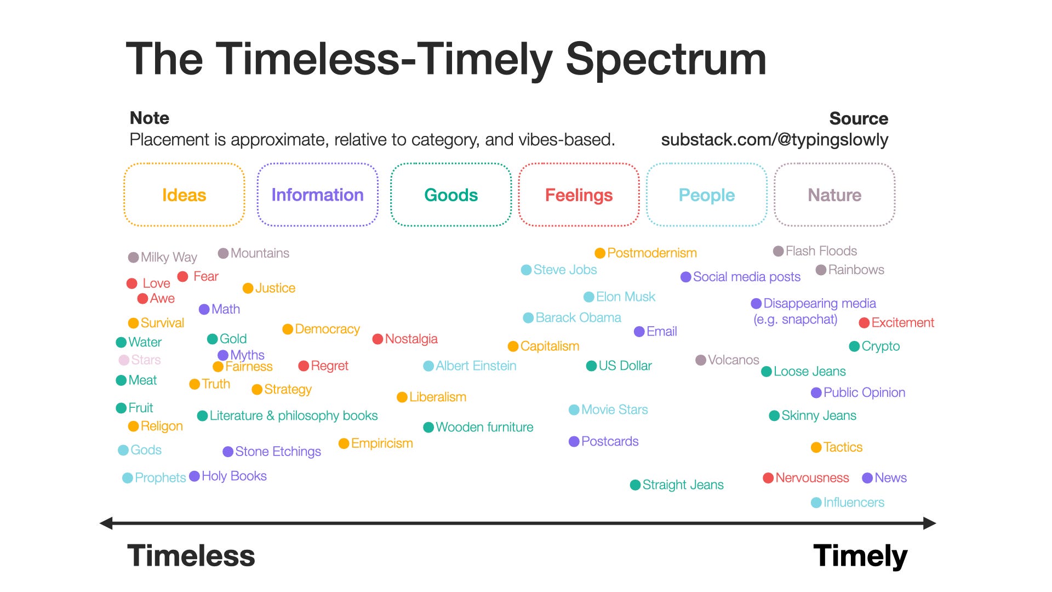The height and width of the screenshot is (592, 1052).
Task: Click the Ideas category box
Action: [x=184, y=195]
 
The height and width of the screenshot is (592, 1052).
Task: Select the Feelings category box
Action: [x=579, y=195]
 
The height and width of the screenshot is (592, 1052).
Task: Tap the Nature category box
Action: [x=834, y=195]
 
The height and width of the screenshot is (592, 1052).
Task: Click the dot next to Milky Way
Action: [x=133, y=257]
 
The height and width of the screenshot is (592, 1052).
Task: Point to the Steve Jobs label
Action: [x=565, y=270]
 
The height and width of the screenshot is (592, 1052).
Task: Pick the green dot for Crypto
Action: [x=854, y=346]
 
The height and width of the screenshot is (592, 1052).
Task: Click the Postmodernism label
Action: [x=652, y=253]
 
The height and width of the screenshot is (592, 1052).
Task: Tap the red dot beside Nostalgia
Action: [x=378, y=339]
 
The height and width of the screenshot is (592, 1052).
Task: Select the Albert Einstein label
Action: [x=476, y=366]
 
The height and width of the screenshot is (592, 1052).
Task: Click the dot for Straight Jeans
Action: [x=636, y=485]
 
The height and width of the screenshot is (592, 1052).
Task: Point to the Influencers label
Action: [x=854, y=502]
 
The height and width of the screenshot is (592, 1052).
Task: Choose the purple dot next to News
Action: [x=867, y=478]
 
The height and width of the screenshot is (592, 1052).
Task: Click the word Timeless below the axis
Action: [x=191, y=555]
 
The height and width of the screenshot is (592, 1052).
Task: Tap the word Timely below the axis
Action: [x=860, y=555]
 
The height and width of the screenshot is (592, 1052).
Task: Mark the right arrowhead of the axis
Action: [x=929, y=523]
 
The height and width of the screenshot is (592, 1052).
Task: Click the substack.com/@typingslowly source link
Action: [x=774, y=140]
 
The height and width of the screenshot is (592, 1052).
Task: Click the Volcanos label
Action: [x=733, y=360]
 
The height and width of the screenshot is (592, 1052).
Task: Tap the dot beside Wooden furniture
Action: [x=428, y=427]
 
